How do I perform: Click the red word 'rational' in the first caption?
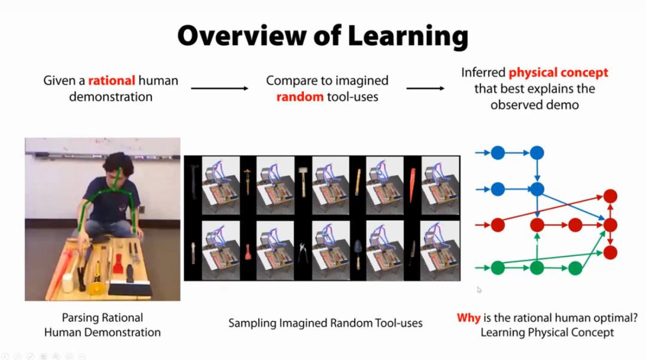112,80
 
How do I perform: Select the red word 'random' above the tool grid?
299,96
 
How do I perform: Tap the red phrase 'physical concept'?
558,73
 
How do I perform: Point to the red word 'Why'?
468,318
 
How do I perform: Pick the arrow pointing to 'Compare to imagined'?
219,89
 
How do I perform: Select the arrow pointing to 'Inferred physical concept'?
425,89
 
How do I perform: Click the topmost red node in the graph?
610,196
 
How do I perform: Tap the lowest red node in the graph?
610,252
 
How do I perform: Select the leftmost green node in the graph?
498,268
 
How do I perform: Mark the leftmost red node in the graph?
498,225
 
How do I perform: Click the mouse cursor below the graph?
479,290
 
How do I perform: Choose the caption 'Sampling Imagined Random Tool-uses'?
325,324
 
